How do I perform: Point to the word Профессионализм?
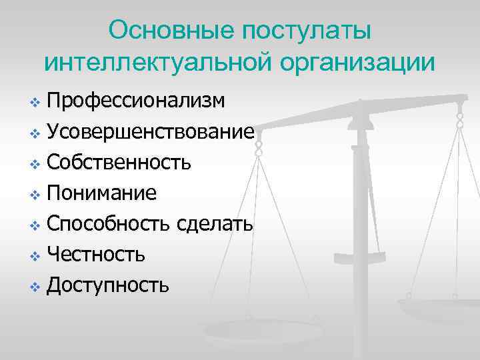click(136, 101)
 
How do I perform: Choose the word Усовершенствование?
click(150, 131)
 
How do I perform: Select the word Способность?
click(110, 224)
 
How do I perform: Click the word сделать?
click(215, 224)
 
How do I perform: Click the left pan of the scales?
click(253, 331)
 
